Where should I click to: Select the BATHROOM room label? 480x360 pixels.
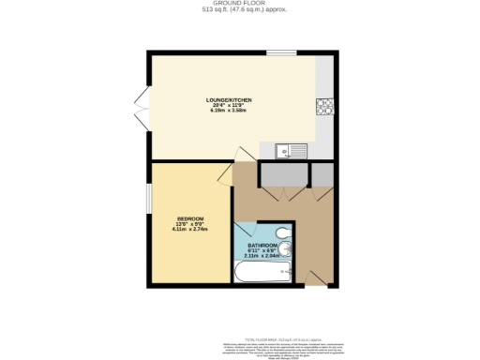(x=262, y=245)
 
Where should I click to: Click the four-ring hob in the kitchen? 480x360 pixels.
(x=326, y=107)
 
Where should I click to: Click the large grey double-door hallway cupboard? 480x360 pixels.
(x=284, y=173)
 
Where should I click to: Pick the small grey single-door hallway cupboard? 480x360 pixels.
(x=322, y=173)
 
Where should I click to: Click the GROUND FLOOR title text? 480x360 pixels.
(x=239, y=4)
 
